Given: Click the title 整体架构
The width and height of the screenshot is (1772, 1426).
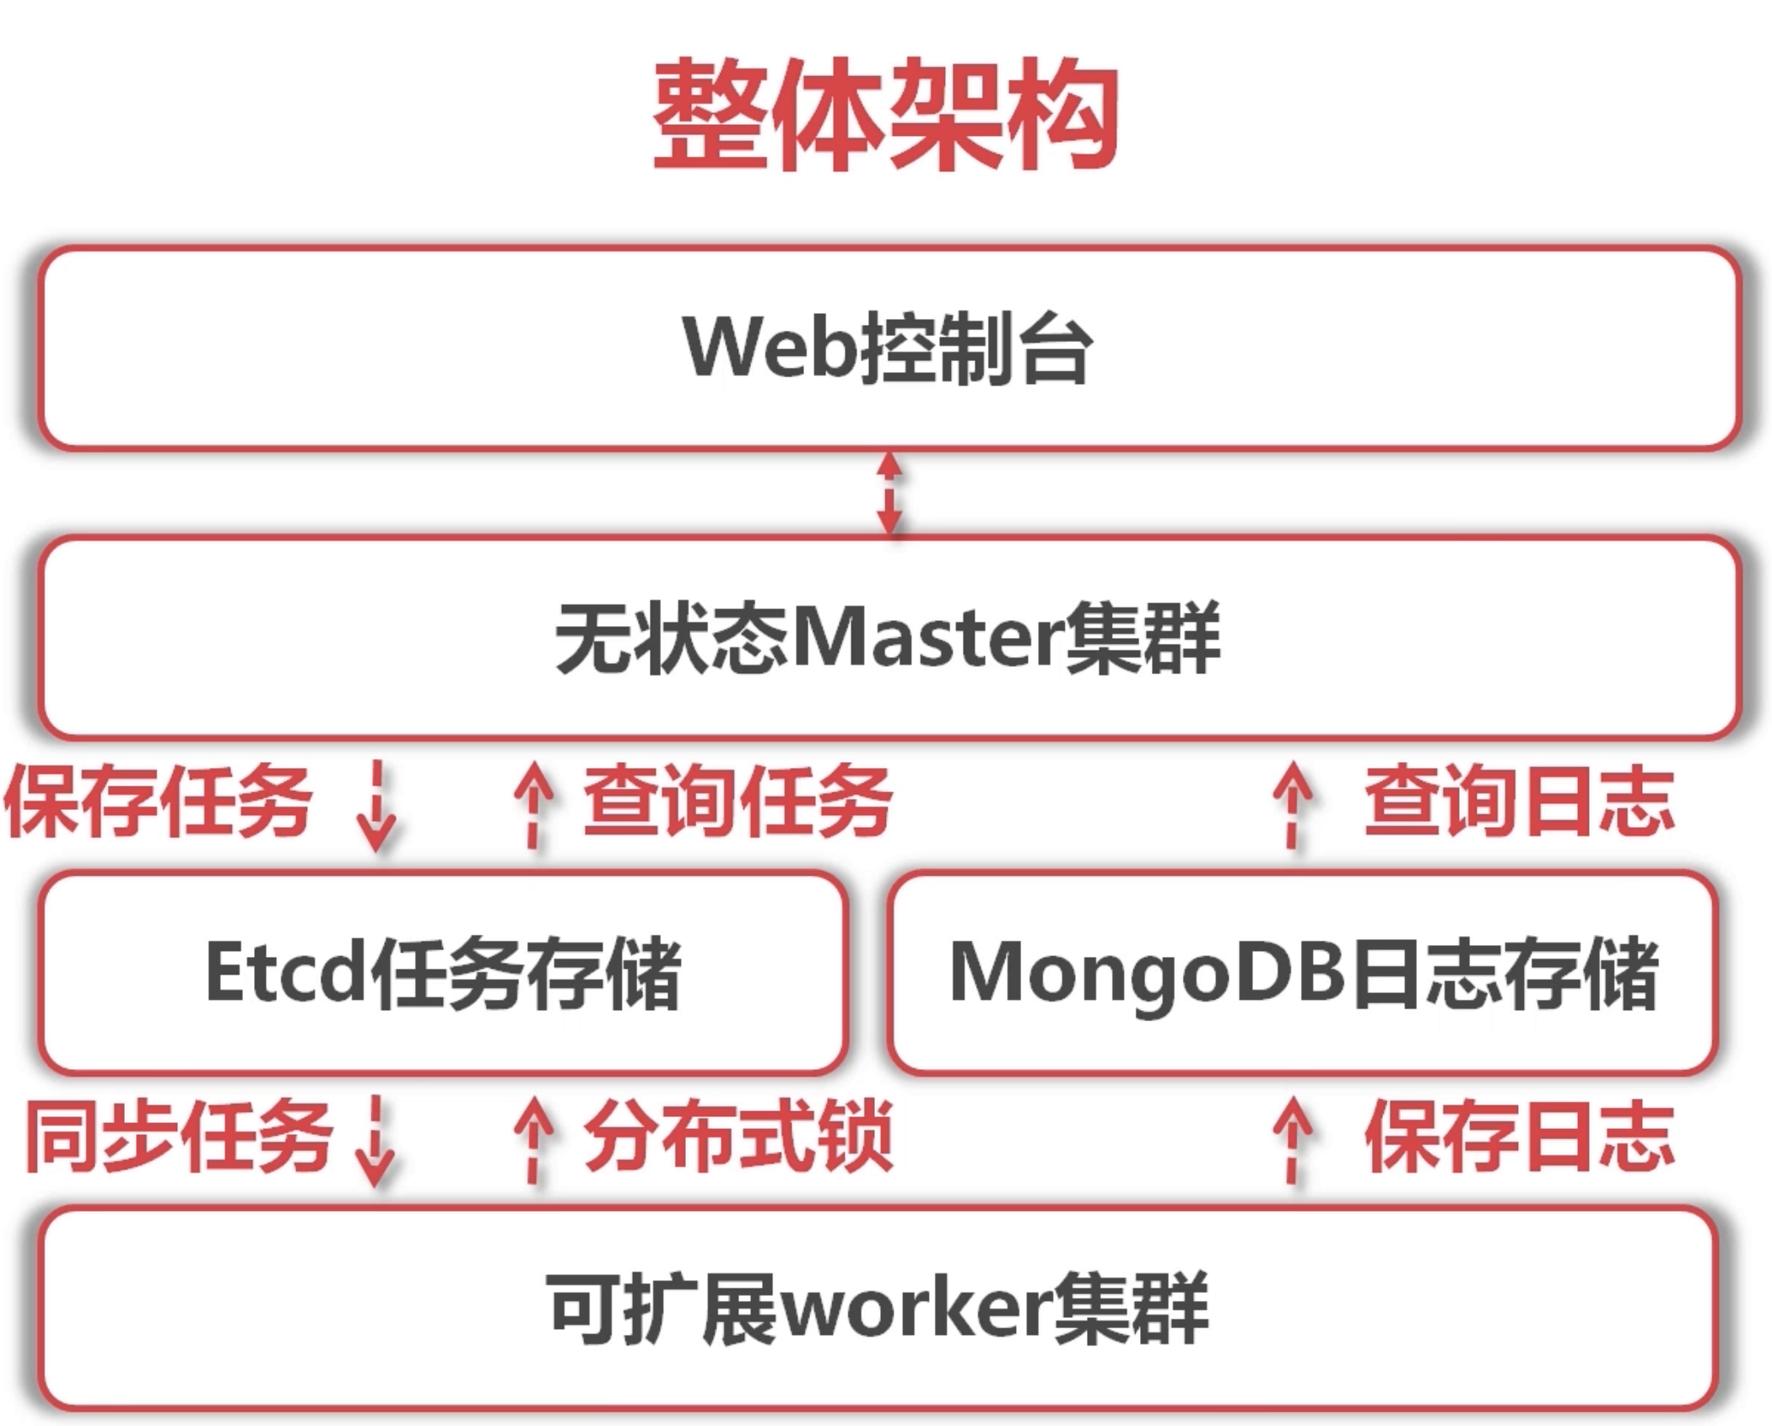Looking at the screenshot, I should (886, 114).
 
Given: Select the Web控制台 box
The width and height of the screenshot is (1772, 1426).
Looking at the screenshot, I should (889, 348).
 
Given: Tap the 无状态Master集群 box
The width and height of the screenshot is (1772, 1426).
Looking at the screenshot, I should (889, 637).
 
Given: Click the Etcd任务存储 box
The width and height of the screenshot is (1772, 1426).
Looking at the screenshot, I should (443, 973).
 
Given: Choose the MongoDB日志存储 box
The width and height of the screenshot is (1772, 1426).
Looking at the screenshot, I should (1304, 973).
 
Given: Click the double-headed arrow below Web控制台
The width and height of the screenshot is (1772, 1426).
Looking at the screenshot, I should (889, 494).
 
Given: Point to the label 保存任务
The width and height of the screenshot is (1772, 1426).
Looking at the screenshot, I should (159, 802).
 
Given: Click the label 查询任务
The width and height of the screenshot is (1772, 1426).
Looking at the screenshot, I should (737, 802).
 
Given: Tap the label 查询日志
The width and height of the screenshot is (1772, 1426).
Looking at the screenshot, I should (1519, 802).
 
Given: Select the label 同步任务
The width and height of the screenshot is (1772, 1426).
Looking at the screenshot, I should (179, 1137).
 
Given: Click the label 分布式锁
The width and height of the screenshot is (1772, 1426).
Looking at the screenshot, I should (737, 1137).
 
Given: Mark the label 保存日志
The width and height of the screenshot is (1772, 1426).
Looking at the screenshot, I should (1519, 1137).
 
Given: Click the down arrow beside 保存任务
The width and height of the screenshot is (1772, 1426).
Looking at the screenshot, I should (376, 806).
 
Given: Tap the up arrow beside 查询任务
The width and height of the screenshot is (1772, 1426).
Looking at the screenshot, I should (533, 803).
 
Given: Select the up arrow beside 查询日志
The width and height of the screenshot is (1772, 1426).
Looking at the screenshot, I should (1293, 803).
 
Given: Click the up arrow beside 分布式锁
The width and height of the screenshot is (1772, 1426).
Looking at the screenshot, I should (533, 1139).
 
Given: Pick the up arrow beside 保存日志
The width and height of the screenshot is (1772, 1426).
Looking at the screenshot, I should (1293, 1139).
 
